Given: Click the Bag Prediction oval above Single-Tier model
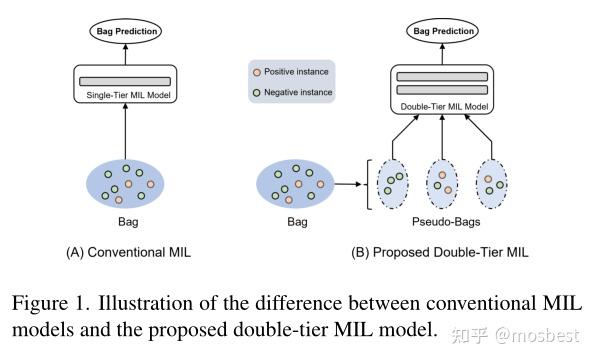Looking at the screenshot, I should point(126,31).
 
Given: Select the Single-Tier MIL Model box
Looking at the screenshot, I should point(127,85).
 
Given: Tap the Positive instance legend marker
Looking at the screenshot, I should point(257,73).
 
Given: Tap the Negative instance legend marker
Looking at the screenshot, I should point(257,92).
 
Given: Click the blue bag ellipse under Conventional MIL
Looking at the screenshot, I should point(127,183).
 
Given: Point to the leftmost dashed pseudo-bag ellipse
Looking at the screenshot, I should point(392,183).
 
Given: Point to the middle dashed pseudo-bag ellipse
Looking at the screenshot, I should point(443,183).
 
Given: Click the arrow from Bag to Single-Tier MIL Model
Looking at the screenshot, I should point(127,129).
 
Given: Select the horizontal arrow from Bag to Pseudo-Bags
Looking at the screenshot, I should point(347,184).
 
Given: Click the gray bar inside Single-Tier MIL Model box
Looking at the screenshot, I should point(127,79).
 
